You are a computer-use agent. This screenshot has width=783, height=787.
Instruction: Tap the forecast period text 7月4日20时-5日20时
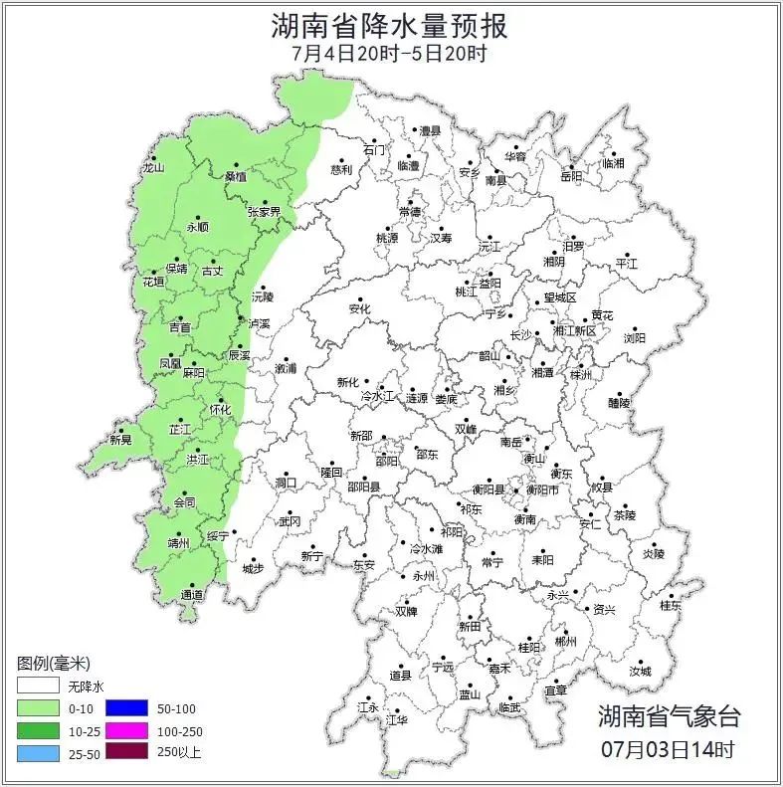click(x=390, y=53)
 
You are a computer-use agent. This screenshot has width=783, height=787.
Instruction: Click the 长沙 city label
click(x=520, y=335)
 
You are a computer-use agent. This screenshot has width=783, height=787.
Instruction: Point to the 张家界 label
click(x=264, y=212)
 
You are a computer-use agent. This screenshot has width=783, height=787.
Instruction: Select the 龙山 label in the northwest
click(x=152, y=168)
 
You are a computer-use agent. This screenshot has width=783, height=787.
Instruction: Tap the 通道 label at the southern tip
click(x=192, y=595)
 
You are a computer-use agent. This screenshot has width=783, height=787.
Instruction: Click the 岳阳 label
click(x=571, y=176)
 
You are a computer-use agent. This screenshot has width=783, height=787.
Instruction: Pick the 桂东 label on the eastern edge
click(x=672, y=605)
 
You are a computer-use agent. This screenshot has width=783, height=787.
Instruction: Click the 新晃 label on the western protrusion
click(x=120, y=440)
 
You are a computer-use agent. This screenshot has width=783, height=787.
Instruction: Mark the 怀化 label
click(x=220, y=409)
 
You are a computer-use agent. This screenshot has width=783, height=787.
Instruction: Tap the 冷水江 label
click(x=377, y=396)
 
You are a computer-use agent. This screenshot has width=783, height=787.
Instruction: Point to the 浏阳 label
click(x=634, y=338)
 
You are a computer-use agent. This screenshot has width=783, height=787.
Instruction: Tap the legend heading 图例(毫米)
click(x=54, y=664)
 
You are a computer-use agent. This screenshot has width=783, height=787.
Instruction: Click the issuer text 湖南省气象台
click(x=669, y=716)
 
